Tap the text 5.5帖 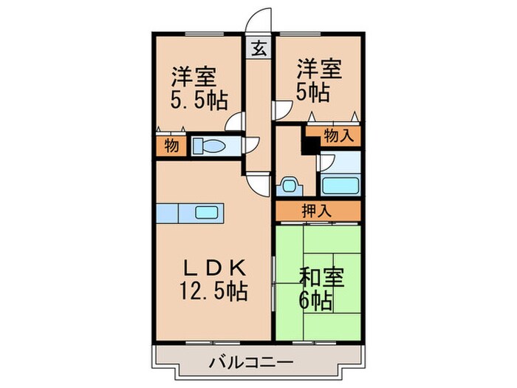pyautogui.click(x=199, y=98)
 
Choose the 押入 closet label pyautogui.click(x=318, y=211)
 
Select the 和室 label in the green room pyautogui.click(x=319, y=279)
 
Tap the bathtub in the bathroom pyautogui.click(x=340, y=184)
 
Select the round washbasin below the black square pyautogui.click(x=289, y=185)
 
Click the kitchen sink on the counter pyautogui.click(x=207, y=213)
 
